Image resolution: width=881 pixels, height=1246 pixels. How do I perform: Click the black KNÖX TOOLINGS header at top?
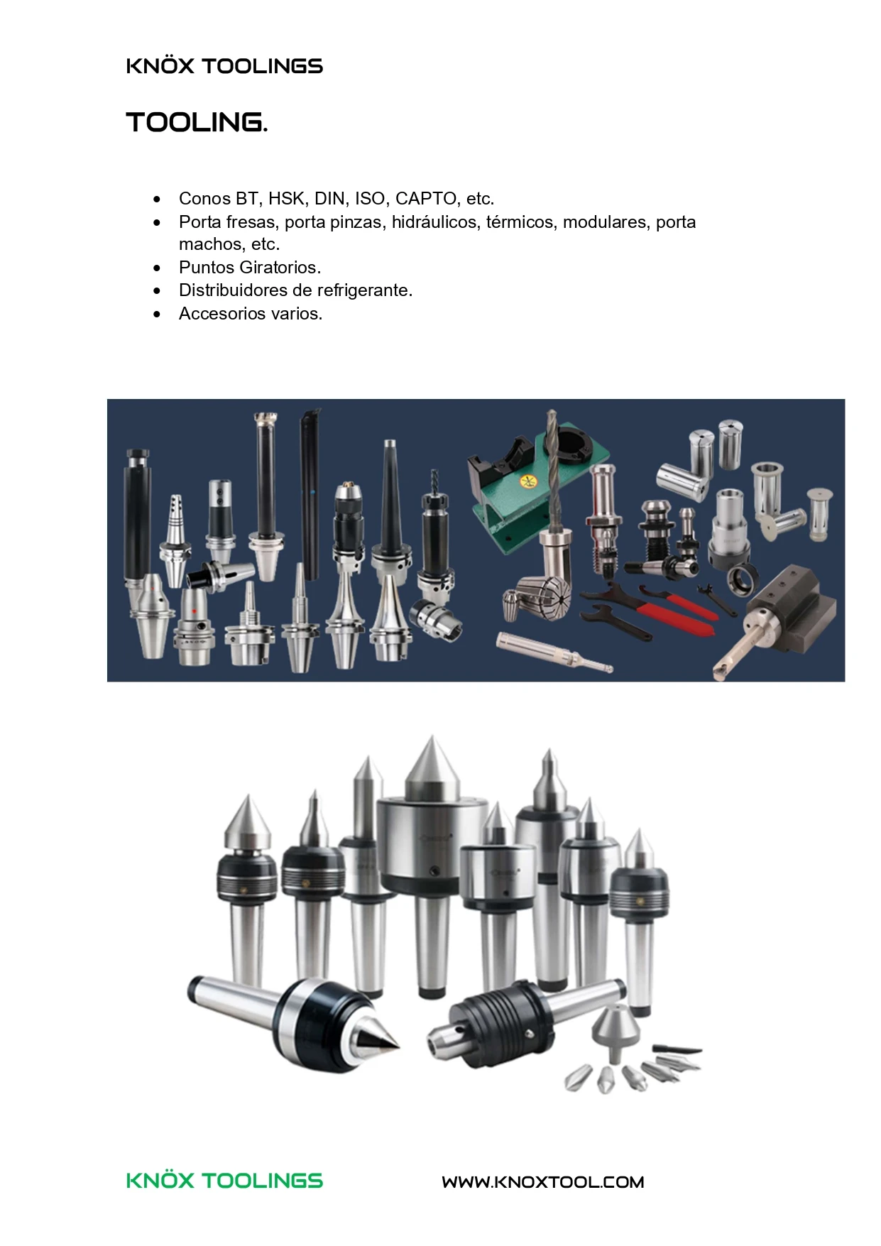(224, 66)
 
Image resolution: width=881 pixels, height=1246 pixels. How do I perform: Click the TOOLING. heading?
(197, 122)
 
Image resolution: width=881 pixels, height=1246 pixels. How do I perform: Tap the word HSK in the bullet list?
(286, 198)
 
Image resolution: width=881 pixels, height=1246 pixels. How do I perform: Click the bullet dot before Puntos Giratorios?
(157, 268)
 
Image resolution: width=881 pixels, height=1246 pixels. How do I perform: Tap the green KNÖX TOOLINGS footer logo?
(224, 1181)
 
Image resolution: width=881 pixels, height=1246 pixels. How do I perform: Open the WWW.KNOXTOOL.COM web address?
(543, 1182)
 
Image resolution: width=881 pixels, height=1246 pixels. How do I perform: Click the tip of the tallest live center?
(430, 738)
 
